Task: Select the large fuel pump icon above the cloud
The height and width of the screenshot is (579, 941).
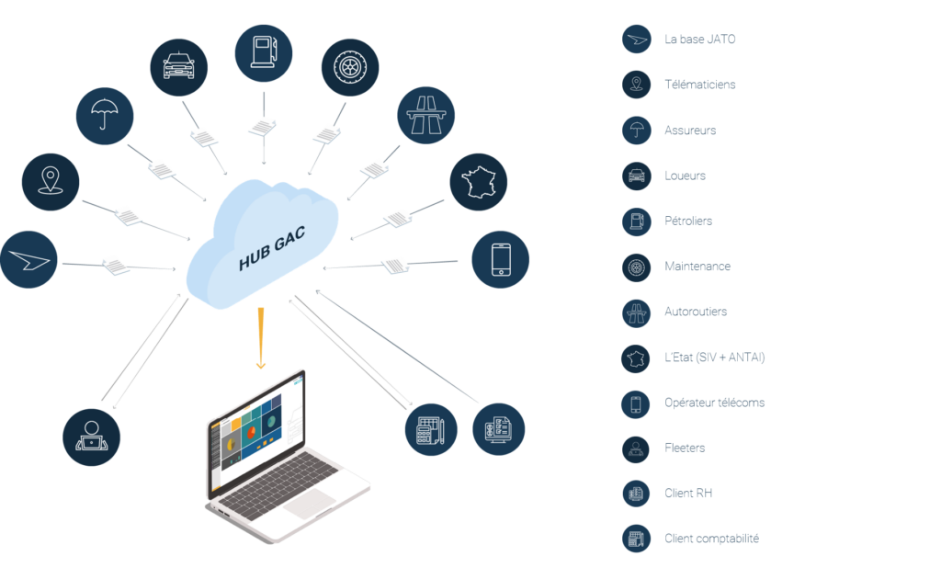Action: click(264, 53)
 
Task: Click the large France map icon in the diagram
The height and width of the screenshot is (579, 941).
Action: click(479, 183)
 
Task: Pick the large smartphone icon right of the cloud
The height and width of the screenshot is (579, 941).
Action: click(500, 259)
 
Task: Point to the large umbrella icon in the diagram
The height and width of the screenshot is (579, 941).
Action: click(105, 116)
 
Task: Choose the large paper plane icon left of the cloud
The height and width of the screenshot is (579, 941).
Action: click(28, 259)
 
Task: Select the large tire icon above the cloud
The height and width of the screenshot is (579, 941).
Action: click(350, 67)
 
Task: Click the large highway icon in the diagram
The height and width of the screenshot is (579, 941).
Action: click(425, 116)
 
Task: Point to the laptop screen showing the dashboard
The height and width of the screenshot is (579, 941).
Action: click(257, 433)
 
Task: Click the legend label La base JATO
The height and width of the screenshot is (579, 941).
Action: click(699, 40)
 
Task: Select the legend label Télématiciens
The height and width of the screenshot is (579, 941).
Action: click(699, 85)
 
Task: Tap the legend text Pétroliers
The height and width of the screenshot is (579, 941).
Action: click(687, 221)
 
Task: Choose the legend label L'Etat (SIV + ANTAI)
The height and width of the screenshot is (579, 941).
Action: click(714, 357)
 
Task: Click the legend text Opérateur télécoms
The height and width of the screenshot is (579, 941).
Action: click(714, 403)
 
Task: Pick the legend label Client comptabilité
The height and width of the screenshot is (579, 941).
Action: click(711, 539)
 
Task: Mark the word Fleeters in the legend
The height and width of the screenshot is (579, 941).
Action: click(686, 448)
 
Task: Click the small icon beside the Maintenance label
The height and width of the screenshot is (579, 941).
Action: click(636, 267)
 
